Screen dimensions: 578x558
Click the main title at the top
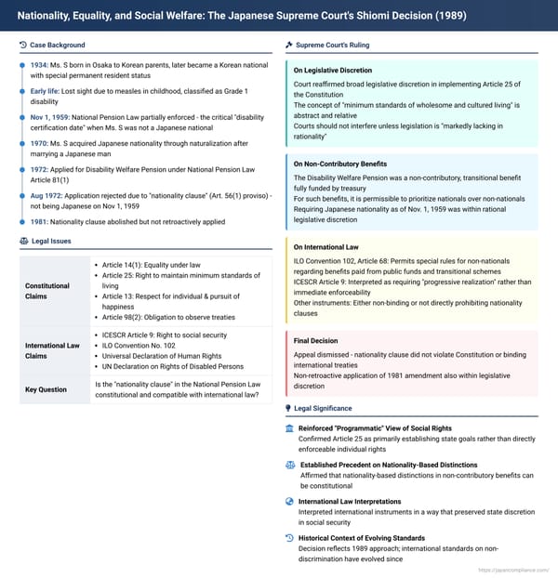[x=242, y=17]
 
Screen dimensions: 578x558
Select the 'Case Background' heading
[x=57, y=45]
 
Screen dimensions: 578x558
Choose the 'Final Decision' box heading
[x=318, y=341]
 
